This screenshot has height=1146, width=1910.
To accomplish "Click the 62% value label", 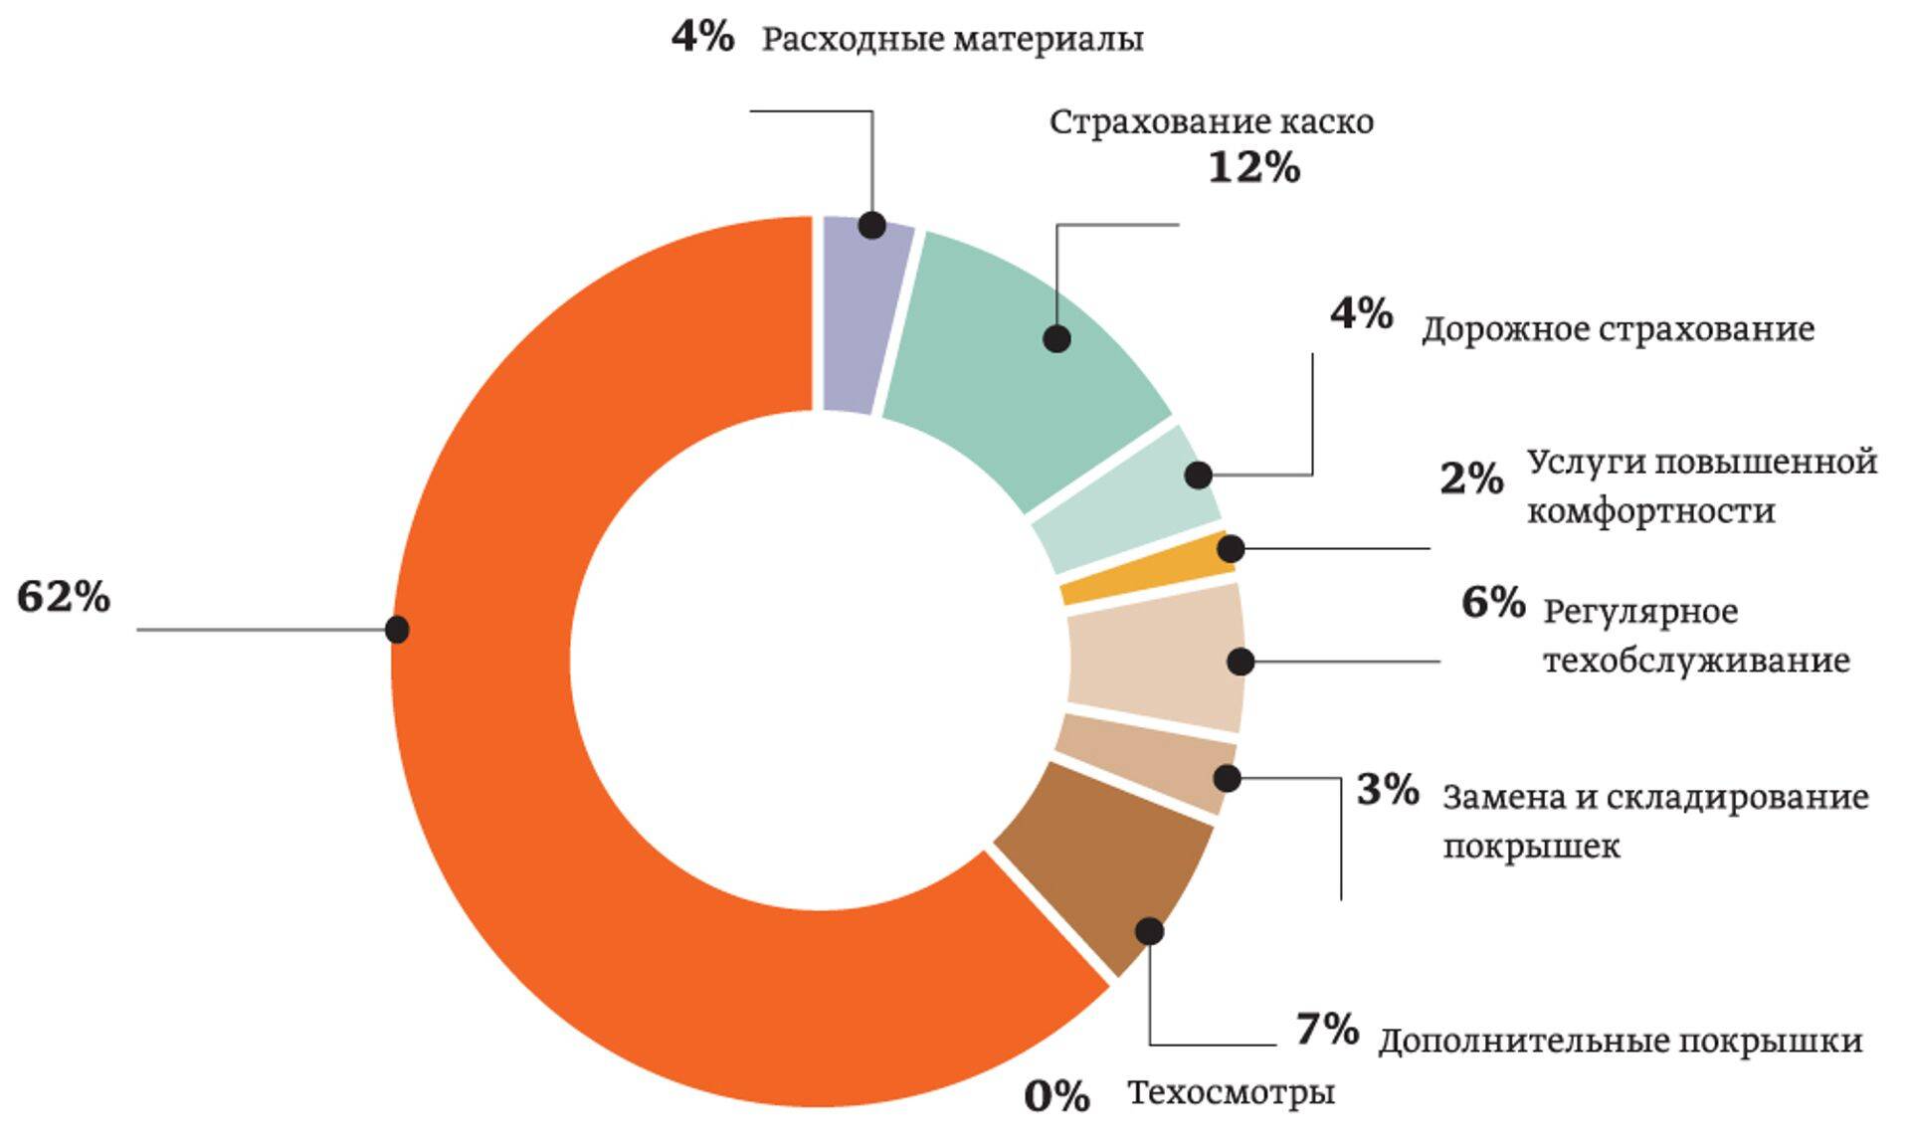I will pyautogui.click(x=64, y=597).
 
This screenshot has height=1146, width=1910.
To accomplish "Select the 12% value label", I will pyautogui.click(x=1253, y=167).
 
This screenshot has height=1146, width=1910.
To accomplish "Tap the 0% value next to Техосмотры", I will pyautogui.click(x=1056, y=1096).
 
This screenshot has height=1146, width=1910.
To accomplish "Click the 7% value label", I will pyautogui.click(x=1327, y=1029).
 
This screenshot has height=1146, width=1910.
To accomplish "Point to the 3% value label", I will pyautogui.click(x=1388, y=790).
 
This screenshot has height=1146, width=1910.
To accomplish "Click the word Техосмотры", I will pyautogui.click(x=1231, y=1092).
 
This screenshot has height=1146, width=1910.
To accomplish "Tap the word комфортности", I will pyautogui.click(x=1650, y=511).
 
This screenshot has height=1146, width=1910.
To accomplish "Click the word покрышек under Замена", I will pyautogui.click(x=1531, y=847).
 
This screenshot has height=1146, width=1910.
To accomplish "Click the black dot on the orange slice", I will pyautogui.click(x=397, y=629).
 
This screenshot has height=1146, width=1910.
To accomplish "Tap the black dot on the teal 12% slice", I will pyautogui.click(x=1056, y=338).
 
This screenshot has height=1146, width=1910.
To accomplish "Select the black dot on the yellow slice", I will pyautogui.click(x=1231, y=548).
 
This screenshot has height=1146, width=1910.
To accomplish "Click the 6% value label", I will pyautogui.click(x=1492, y=602).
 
